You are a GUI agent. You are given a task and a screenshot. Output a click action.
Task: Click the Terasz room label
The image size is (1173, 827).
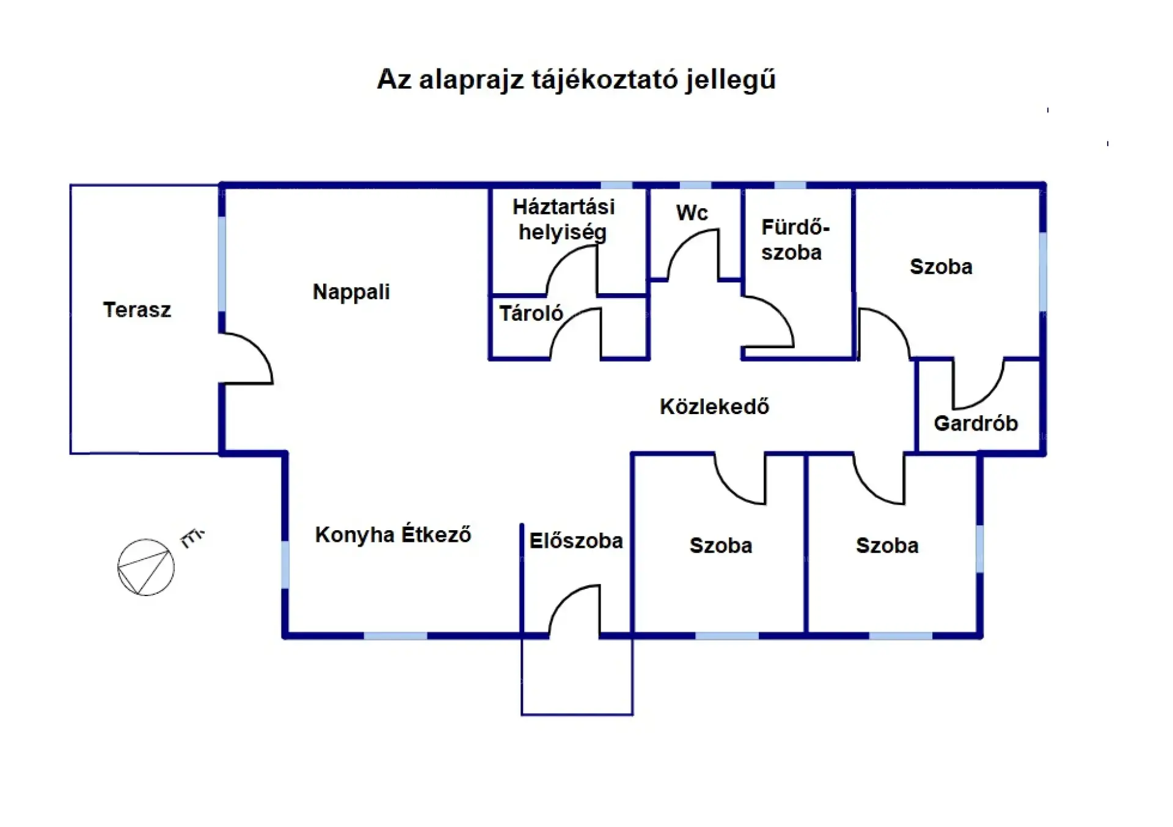tap(137, 310)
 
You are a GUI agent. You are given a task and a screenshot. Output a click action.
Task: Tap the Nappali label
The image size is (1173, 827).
tap(351, 292)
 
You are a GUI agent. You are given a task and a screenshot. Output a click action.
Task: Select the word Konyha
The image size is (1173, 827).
tap(354, 535)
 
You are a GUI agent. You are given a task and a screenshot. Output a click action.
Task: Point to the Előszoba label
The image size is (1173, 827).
tap(576, 541)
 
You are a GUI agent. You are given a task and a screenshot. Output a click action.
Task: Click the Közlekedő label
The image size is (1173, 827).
tap(714, 407)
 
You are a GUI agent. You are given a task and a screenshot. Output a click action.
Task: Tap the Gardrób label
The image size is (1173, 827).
tap(976, 423)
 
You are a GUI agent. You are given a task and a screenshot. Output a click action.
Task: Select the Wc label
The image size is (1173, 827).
tap(692, 213)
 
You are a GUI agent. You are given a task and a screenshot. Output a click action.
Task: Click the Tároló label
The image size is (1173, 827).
tap(531, 313)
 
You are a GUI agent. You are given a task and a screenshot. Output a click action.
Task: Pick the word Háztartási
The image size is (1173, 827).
tap(563, 207)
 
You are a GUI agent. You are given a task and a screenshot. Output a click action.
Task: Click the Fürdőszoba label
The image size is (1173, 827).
tap(794, 239)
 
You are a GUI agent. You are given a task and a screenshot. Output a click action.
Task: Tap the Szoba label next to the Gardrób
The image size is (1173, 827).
tap(941, 267)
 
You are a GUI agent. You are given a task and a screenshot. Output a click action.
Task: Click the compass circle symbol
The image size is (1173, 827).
tap(145, 567)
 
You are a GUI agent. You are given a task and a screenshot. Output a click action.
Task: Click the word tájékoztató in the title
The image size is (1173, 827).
tap(604, 80)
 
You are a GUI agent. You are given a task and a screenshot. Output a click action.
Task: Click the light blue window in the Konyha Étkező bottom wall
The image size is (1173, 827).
tap(395, 636)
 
